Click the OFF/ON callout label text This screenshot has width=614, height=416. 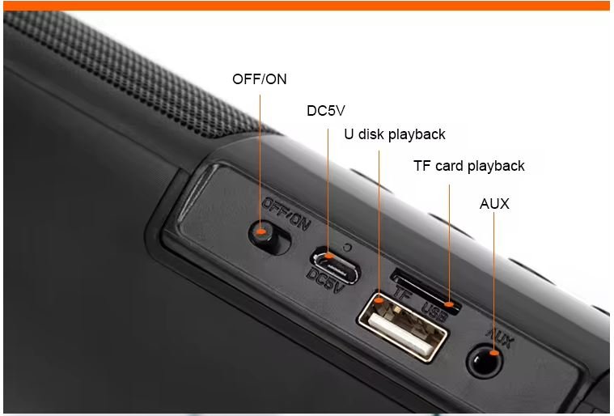[x=260, y=79]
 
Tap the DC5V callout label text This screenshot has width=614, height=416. [x=326, y=111]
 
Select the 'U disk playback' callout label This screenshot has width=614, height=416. [x=395, y=134]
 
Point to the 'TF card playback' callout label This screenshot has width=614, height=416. [x=468, y=166]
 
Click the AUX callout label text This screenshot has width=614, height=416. [x=494, y=204]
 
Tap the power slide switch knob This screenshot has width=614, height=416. [x=263, y=233]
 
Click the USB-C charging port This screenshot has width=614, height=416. [x=336, y=265]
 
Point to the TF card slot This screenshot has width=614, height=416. [x=426, y=291]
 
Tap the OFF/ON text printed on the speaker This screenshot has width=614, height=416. [x=286, y=214]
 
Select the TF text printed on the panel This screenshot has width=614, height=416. [x=402, y=294]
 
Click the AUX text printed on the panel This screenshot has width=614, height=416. [x=499, y=337]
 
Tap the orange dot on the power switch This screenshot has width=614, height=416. [x=260, y=231]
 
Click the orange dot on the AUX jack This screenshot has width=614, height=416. [x=494, y=353]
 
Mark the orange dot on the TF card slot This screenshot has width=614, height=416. [x=449, y=304]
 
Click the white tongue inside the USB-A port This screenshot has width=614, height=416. [x=400, y=333]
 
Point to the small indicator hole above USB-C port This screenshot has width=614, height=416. [x=346, y=248]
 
